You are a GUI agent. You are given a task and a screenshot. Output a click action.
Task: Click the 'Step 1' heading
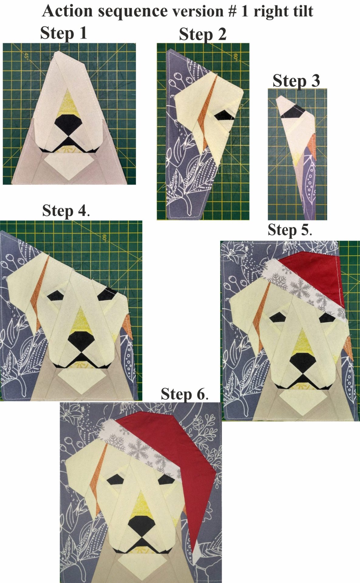(x=64, y=33)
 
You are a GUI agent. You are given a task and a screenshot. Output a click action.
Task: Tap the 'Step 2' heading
(x=203, y=34)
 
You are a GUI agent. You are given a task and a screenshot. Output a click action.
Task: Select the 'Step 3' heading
(x=296, y=81)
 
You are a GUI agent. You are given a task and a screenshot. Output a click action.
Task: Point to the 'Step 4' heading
(x=66, y=210)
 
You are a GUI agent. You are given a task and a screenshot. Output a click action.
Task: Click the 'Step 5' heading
(x=290, y=230)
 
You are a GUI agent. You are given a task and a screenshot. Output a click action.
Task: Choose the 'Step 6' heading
(x=185, y=394)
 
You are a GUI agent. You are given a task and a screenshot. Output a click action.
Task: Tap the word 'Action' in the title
(x=68, y=11)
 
